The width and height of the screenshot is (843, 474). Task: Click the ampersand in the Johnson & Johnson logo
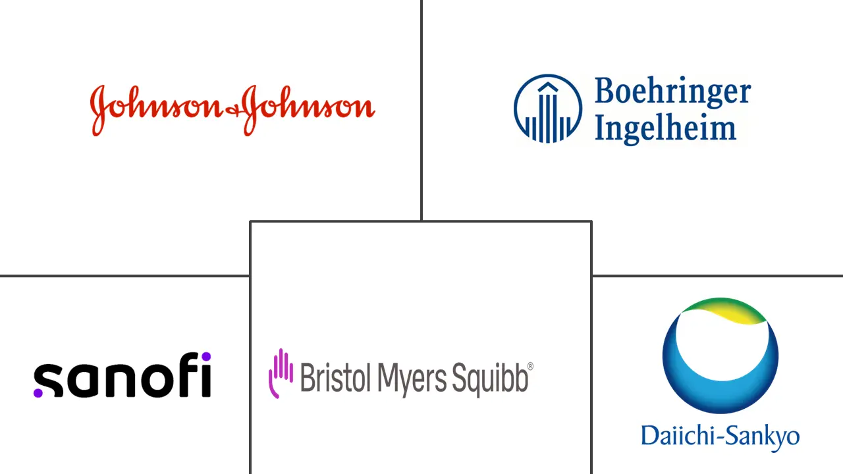tap(232, 111)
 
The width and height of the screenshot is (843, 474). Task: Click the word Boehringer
tap(673, 92)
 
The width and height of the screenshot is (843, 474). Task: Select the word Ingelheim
tap(665, 128)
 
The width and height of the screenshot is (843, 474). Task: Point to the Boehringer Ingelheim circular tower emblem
tap(548, 109)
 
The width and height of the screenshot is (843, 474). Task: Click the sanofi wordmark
tap(122, 375)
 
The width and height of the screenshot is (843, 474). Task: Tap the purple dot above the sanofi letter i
tap(206, 357)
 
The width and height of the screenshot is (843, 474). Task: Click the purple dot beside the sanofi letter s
tap(38, 393)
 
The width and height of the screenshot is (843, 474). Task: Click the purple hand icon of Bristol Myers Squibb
tap(281, 373)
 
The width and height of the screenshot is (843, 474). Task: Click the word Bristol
tap(333, 378)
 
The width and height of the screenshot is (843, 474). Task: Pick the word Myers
tap(412, 380)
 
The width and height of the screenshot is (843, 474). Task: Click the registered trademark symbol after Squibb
tap(530, 366)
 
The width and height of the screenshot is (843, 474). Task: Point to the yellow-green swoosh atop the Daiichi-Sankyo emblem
tap(724, 310)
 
